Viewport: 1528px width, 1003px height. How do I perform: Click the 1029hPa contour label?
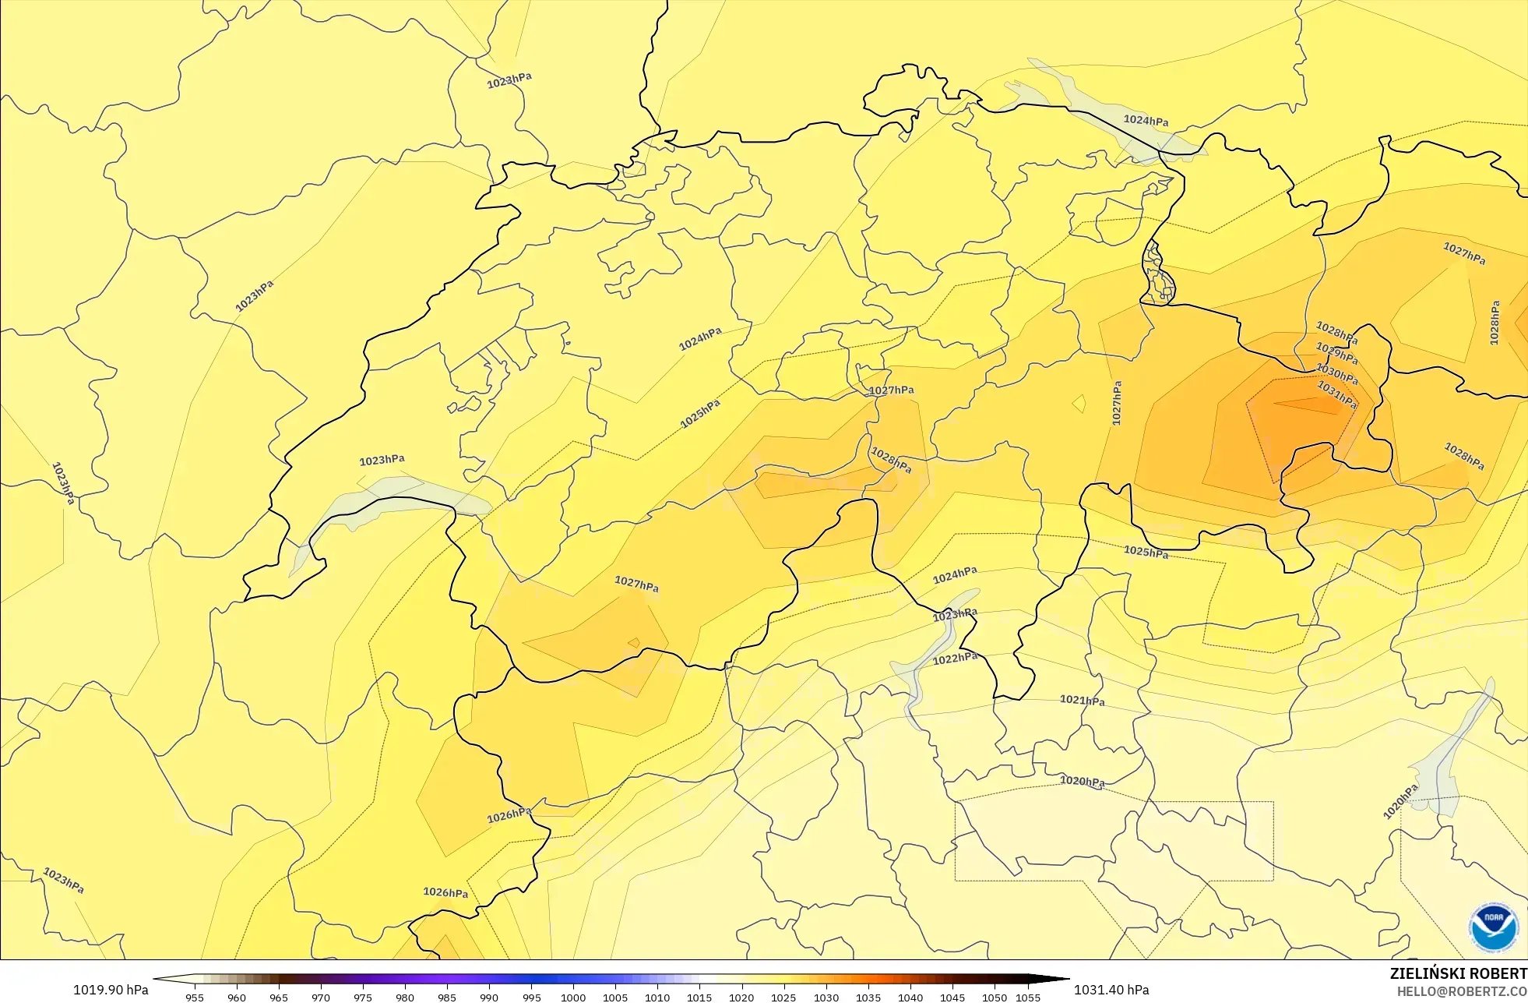coord(1336,353)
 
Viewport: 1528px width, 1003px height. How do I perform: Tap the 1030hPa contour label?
coord(1336,374)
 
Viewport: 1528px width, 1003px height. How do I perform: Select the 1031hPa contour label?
coord(1336,394)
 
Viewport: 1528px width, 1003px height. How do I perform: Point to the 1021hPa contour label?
coord(1082,700)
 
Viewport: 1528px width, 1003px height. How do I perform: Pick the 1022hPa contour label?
coord(955,659)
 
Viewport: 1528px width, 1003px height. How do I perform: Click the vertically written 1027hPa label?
coord(1117,403)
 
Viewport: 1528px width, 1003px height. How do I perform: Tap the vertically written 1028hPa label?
coord(1494,323)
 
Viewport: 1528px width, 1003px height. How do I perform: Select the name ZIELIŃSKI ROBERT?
coord(1458,973)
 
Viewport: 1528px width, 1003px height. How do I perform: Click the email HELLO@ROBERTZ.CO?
coord(1461,991)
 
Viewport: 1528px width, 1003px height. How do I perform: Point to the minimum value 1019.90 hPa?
coord(111,990)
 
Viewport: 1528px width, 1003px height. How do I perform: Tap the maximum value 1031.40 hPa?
coord(1111,990)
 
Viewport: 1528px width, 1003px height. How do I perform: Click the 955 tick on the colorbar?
coord(195,997)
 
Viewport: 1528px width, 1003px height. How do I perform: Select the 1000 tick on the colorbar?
coord(573,997)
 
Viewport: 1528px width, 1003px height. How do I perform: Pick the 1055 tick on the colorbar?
coord(1028,997)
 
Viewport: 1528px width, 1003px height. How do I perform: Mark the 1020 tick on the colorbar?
coord(741,997)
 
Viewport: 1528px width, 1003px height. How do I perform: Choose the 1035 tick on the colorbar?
coord(868,997)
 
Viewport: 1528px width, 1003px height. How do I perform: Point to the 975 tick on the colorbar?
coord(363,997)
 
